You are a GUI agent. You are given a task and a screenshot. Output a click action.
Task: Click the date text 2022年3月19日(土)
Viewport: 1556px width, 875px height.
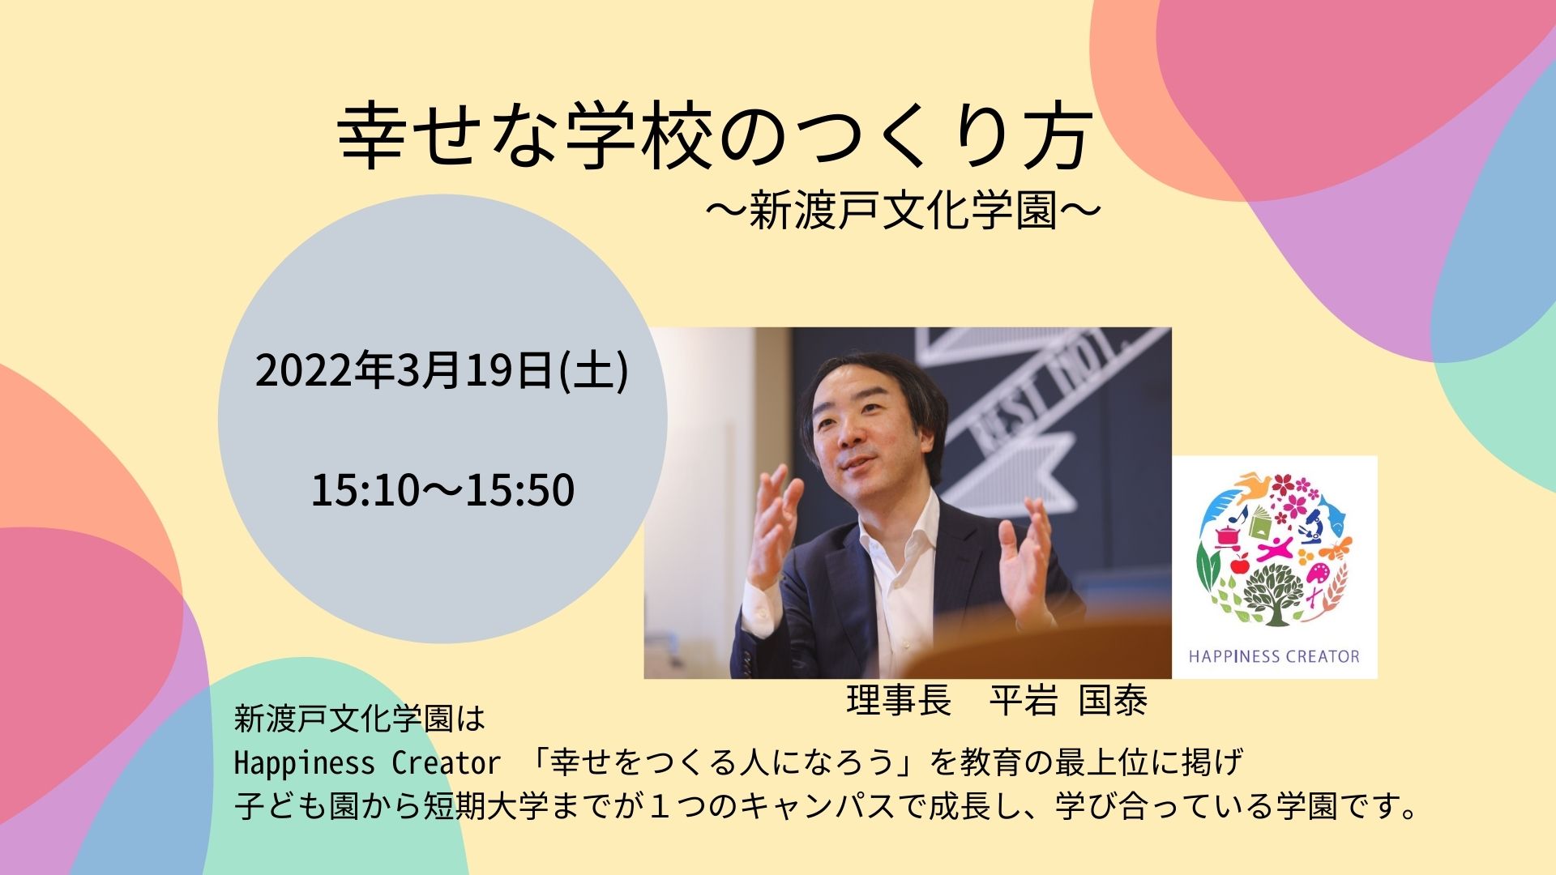click(442, 372)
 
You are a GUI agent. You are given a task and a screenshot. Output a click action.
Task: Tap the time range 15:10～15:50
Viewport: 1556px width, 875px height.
click(442, 490)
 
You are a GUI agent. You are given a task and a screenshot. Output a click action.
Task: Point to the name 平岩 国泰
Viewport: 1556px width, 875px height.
click(1068, 701)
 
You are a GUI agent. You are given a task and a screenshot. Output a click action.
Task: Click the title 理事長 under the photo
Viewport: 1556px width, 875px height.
click(899, 701)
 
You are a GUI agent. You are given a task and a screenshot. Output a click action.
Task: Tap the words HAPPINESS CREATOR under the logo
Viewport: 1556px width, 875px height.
click(1274, 656)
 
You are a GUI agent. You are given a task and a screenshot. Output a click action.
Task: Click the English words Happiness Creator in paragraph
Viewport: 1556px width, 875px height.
click(367, 763)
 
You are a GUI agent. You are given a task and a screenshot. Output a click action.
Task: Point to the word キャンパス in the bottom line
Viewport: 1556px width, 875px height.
click(842, 807)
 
